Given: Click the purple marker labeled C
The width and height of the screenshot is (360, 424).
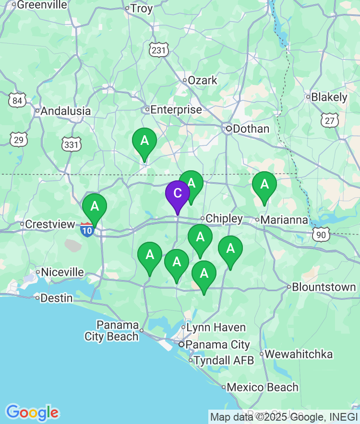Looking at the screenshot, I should pyautogui.click(x=177, y=194).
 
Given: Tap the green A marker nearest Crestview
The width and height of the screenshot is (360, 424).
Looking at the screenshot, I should pyautogui.click(x=95, y=207).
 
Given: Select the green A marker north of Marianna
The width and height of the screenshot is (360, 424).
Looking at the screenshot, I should pyautogui.click(x=264, y=185).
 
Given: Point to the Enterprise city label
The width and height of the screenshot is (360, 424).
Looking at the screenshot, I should pyautogui.click(x=176, y=110).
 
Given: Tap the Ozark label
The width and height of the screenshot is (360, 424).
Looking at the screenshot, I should pyautogui.click(x=203, y=80).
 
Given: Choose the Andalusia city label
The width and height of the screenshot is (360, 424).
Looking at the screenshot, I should pyautogui.click(x=66, y=111).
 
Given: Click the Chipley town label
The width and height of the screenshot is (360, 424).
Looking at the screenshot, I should pyautogui.click(x=224, y=219).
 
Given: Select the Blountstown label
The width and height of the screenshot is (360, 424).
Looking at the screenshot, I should pyautogui.click(x=324, y=287).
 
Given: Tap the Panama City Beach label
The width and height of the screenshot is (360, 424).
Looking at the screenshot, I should pyautogui.click(x=112, y=330).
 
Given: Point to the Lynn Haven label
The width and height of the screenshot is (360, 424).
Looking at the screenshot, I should pyautogui.click(x=216, y=328).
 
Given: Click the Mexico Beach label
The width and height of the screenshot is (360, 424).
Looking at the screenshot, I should pyautogui.click(x=262, y=387).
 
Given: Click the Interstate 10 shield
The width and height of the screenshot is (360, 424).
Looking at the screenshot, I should pyautogui.click(x=87, y=229).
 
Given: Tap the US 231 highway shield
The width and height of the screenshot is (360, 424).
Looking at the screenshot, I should pyautogui.click(x=159, y=50).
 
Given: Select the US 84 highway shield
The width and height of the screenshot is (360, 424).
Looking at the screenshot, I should pyautogui.click(x=18, y=101).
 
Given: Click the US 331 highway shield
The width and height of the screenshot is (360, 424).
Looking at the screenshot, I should pyautogui.click(x=72, y=144).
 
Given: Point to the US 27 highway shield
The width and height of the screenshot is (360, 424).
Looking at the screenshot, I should pyautogui.click(x=330, y=120).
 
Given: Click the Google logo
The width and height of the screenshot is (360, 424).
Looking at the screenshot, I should pyautogui.click(x=32, y=412).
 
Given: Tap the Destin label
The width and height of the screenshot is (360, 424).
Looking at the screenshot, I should pyautogui.click(x=57, y=298).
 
